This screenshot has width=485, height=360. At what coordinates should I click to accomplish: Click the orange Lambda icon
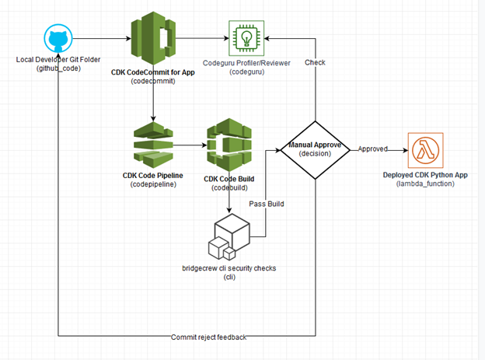click(424, 149)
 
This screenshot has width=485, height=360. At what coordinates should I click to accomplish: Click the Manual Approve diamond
click(316, 150)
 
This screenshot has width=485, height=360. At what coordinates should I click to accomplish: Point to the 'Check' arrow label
click(315, 61)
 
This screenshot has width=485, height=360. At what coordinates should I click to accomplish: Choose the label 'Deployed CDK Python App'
click(425, 174)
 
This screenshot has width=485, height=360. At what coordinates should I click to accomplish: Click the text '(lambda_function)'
click(425, 183)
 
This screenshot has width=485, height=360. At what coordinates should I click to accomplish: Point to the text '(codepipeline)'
click(153, 184)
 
